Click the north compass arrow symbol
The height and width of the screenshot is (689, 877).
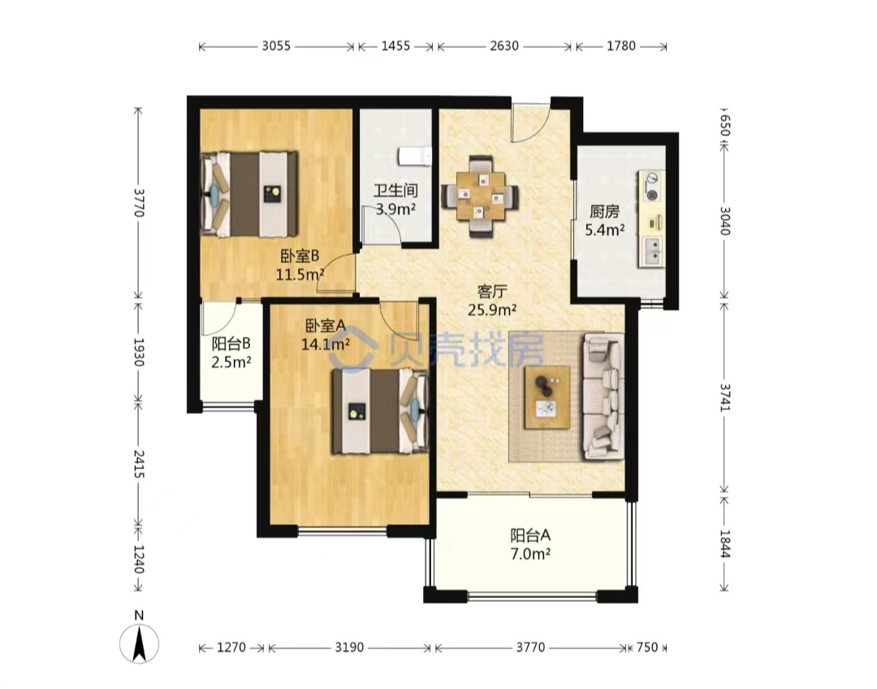pos(140,644)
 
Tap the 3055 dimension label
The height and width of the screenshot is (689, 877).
pos(276,45)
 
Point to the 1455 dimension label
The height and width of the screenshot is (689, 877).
pos(395,45)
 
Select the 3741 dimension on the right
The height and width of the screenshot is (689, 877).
pos(725,398)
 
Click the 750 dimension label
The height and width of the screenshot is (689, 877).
pos(647,647)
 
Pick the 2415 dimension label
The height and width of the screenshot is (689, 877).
pos(139,464)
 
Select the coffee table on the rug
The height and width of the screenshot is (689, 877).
pos(547,398)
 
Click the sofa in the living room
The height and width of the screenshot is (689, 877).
pos(603,396)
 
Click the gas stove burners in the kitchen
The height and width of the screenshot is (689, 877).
pos(652,187)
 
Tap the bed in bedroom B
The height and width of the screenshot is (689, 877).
pos(249,194)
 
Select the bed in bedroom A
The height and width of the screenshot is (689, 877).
pos(380,411)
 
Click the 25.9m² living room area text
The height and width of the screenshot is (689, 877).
pos(492,309)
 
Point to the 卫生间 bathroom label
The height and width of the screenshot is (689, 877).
pos(395,191)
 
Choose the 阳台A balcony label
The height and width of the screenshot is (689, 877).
pos(530,536)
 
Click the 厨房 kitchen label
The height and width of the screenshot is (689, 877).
pos(605,212)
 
